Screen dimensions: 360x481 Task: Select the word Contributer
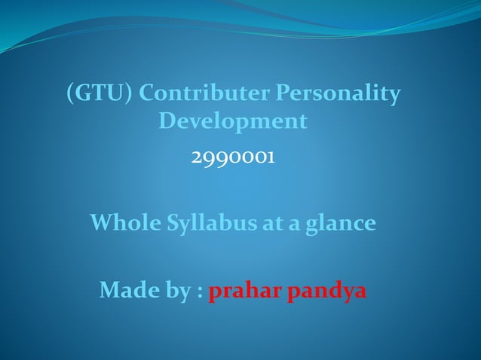point(204,94)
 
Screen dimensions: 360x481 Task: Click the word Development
point(233,121)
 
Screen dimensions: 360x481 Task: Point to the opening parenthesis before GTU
point(70,95)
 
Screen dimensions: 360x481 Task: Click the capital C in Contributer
point(148,94)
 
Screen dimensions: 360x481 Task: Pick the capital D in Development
point(167,121)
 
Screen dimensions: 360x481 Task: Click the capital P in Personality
point(281,94)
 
